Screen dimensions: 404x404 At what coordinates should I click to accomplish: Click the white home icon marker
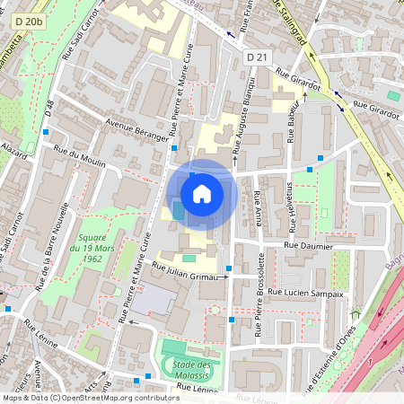tap(202, 193)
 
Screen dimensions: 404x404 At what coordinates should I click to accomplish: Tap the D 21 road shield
tap(258, 57)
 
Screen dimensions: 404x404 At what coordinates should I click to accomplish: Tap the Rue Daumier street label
tap(308, 245)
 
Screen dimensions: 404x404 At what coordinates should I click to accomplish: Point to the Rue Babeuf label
tap(291, 116)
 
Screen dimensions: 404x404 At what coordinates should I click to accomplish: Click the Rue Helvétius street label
tap(290, 206)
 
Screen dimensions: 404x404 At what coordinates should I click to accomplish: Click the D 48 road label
tap(49, 109)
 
